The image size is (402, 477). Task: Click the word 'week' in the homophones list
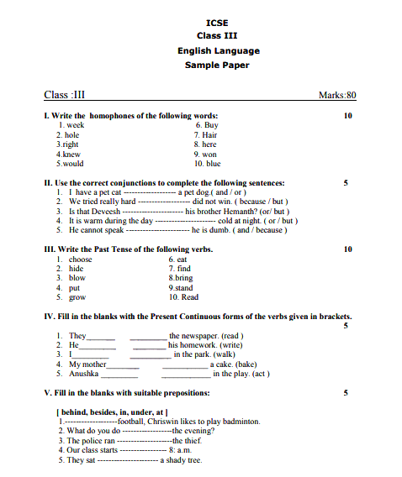[75, 125]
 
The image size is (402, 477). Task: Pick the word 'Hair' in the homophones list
[209, 134]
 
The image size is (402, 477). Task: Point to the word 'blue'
[213, 164]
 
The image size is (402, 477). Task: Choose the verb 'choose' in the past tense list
[81, 259]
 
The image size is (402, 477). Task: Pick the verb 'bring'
[183, 278]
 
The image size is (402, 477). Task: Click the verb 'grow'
[77, 297]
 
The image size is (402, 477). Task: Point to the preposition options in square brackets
[111, 411]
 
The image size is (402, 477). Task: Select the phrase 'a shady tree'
[182, 460]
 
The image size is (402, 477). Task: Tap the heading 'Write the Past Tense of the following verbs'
[128, 249]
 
